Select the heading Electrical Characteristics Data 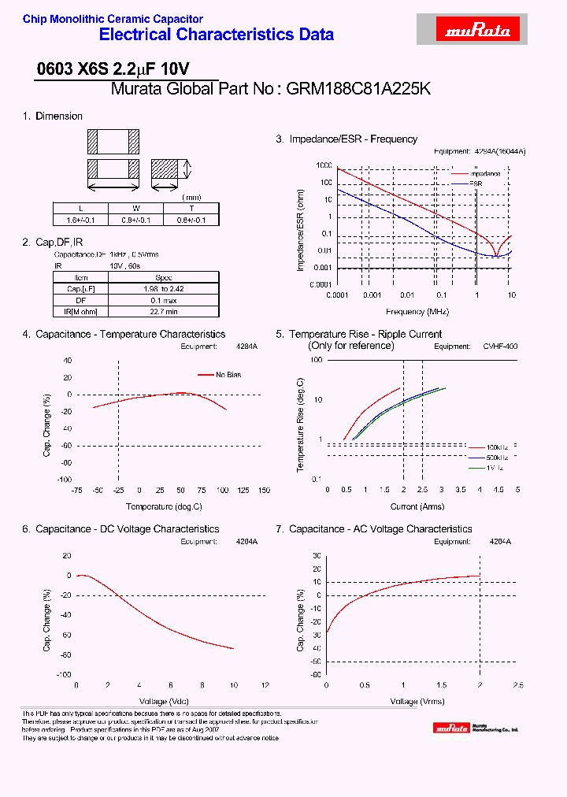click(216, 35)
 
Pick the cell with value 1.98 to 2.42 click(164, 288)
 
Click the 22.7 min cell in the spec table click(164, 312)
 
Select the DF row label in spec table click(81, 300)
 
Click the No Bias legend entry click(228, 375)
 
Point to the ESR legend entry click(476, 183)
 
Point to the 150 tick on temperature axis click(264, 490)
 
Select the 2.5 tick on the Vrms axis click(517, 685)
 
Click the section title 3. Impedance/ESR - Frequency click(346, 139)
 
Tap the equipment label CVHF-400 click(501, 346)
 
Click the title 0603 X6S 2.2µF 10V click(113, 69)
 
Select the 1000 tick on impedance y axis click(324, 166)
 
